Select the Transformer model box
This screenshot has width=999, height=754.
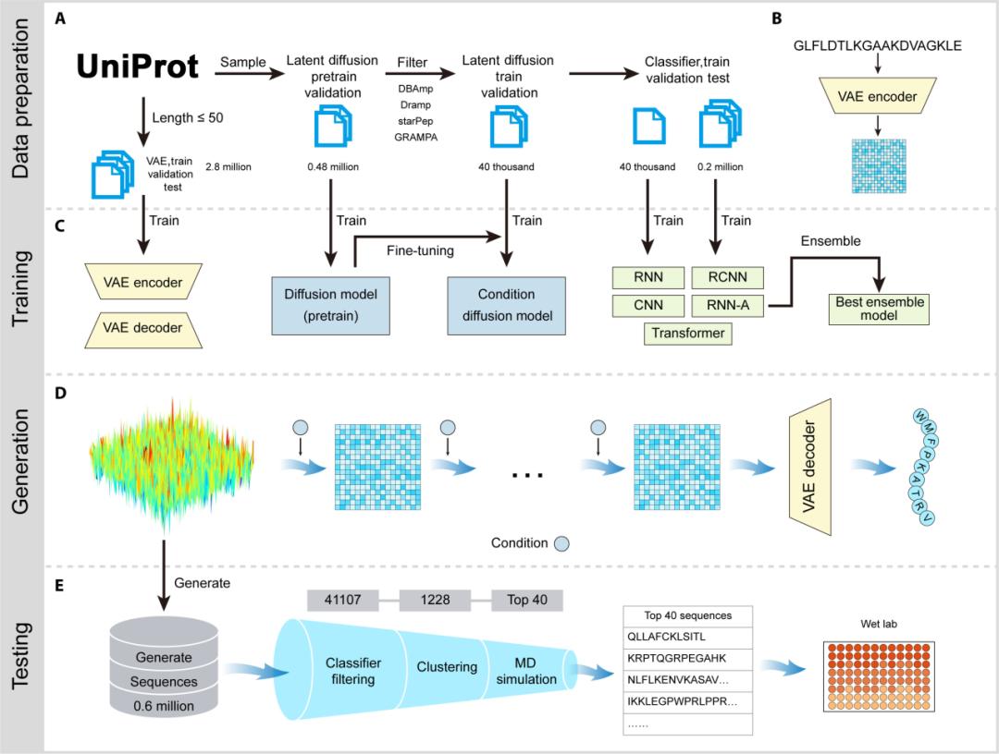[x=688, y=333]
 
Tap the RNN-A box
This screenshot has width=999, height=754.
[x=727, y=304]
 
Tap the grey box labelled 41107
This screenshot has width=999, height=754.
[x=343, y=600]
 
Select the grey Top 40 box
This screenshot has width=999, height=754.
[x=527, y=600]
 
